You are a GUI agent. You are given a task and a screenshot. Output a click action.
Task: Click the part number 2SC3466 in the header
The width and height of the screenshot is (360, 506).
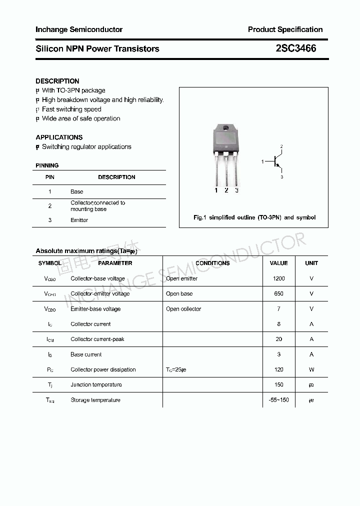296,48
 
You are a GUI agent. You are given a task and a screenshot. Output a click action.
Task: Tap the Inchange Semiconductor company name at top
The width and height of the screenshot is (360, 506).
79,29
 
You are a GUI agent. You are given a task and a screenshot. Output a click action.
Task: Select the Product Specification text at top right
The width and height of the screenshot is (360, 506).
285,29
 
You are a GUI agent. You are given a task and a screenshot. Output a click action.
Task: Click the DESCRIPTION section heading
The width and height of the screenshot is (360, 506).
57,81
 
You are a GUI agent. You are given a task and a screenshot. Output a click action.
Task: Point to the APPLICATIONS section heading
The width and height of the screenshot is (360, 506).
59,137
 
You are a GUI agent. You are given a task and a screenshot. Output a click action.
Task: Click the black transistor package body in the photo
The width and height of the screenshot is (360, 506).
226,136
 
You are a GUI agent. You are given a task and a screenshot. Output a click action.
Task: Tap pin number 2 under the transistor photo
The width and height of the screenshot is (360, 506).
226,190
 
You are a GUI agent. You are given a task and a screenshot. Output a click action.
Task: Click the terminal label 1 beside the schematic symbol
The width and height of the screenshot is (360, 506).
262,161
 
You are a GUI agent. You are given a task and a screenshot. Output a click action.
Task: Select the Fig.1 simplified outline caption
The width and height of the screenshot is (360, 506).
254,217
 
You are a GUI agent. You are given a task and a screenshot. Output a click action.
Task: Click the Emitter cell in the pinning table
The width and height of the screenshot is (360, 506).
79,220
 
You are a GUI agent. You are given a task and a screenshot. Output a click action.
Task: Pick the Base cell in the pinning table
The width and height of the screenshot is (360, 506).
77,191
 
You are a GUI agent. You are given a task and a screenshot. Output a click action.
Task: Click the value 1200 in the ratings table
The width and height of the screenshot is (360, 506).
278,278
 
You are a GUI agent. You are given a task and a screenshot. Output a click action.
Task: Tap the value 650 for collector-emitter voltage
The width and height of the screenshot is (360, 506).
278,293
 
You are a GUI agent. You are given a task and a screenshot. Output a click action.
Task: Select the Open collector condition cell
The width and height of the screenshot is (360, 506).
183,309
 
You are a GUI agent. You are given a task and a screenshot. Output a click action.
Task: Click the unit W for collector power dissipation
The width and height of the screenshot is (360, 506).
311,369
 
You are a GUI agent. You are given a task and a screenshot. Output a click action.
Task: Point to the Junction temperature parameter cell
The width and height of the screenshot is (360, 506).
96,384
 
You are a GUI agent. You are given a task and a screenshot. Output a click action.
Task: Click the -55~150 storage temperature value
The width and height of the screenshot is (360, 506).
278,400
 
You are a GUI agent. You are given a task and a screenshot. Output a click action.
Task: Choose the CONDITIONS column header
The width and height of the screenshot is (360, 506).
212,263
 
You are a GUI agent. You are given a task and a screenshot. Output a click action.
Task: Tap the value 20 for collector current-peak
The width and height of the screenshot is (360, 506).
278,339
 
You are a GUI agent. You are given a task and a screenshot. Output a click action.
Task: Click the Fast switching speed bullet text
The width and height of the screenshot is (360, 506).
71,109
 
